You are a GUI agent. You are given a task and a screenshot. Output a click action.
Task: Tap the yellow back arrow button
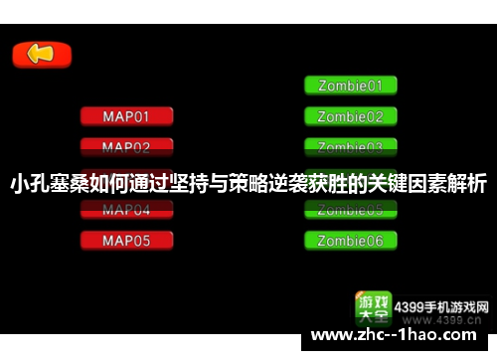pos(41,55)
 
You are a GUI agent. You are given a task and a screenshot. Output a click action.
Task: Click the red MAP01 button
pos(126,116)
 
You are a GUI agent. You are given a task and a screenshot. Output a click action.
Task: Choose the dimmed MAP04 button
pos(126,210)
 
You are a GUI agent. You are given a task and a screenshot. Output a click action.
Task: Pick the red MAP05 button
pos(126,241)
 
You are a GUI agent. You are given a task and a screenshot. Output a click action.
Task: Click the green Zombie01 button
pos(350,86)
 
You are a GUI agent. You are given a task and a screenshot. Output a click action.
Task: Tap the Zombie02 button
pos(350,116)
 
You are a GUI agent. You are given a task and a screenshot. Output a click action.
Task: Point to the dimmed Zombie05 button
pos(350,210)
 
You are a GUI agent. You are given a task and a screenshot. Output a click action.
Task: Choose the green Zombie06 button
pos(350,241)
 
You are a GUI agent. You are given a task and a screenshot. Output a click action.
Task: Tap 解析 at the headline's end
pos(471,184)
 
